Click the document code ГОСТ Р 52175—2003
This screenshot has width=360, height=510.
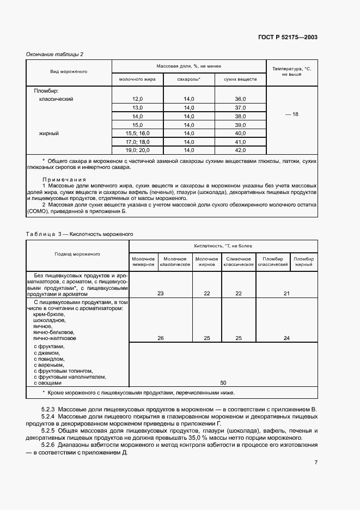tap(287, 38)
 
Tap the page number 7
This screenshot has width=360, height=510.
tap(316, 463)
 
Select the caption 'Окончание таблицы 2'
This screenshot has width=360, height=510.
tap(55, 54)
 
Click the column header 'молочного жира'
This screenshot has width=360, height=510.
tap(138, 80)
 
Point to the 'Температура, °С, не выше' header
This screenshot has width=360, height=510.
tap(291, 71)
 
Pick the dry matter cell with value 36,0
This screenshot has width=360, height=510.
tap(240, 99)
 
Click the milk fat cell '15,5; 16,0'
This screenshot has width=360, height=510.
tap(138, 133)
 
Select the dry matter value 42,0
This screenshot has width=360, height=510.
tap(240, 150)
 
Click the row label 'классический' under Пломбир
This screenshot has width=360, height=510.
tap(56, 99)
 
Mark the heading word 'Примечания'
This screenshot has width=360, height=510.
tap(64, 179)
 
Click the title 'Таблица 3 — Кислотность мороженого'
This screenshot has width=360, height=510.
tap(80, 234)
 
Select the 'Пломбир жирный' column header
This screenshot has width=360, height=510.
tap(303, 261)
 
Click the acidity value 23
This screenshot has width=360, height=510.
tap(160, 293)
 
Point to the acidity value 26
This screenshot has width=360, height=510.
tap(160, 338)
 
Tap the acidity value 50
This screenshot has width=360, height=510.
tap(223, 383)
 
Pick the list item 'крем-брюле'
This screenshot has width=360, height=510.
tap(49, 314)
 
